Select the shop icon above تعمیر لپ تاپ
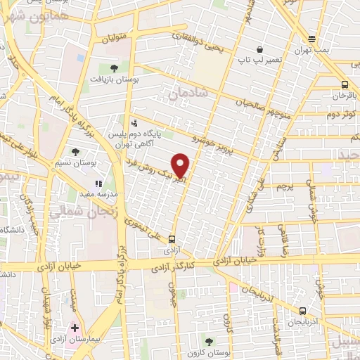259,50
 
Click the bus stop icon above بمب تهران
312,39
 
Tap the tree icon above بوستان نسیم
75,151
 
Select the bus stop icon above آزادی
172,239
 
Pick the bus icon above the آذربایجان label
302,310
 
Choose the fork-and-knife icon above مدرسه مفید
98,183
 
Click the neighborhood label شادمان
186,93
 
